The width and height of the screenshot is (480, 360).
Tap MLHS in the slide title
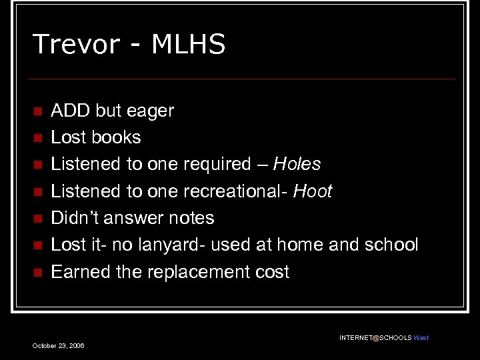(x=189, y=45)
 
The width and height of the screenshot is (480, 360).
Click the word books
(x=116, y=137)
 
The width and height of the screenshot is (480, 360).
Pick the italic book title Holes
(x=298, y=164)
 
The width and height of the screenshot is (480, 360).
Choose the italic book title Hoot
(x=312, y=191)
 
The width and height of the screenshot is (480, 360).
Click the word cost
(x=273, y=272)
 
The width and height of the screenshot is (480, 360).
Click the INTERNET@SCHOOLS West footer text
(x=384, y=338)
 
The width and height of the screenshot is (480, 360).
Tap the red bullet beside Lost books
(x=37, y=138)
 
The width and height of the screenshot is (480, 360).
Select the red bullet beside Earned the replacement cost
(x=37, y=272)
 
